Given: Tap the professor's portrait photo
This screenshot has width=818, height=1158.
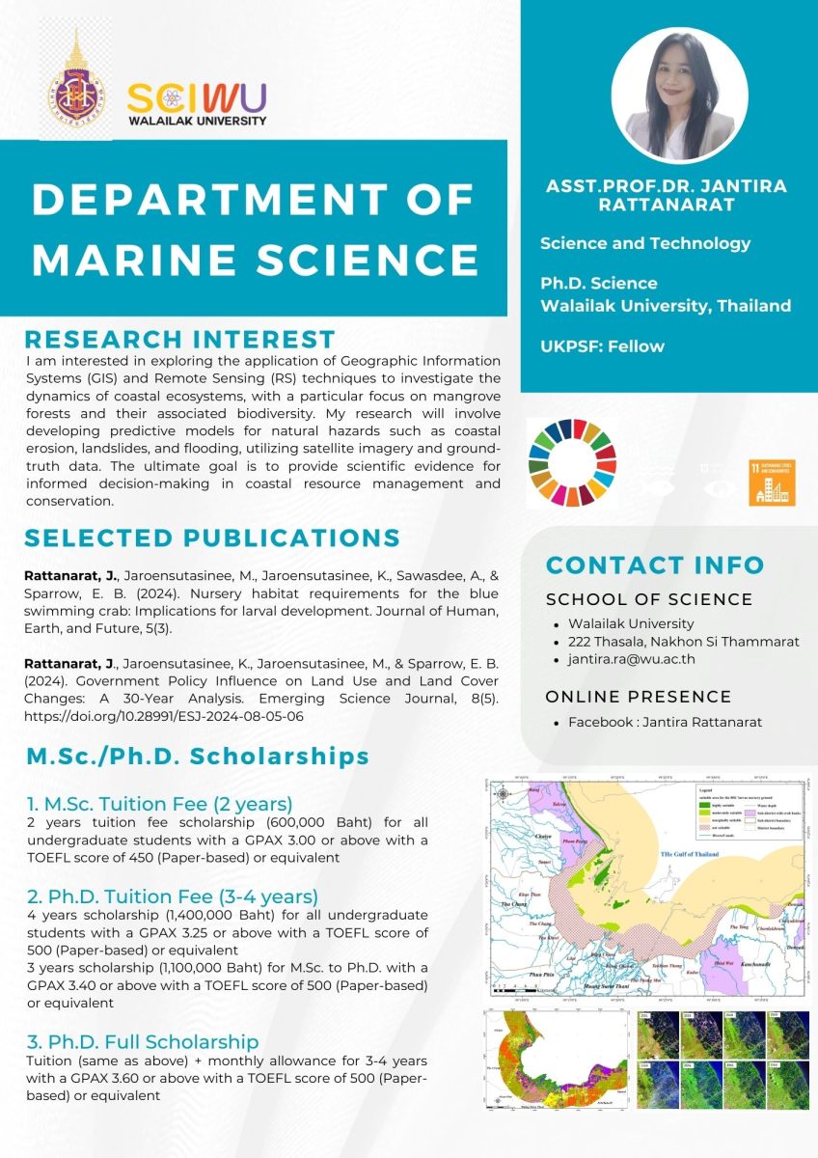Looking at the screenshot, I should tap(679, 94).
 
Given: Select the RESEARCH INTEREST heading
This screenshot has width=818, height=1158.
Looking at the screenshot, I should tap(179, 340).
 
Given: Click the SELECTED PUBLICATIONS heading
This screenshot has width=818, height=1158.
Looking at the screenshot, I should tap(212, 538).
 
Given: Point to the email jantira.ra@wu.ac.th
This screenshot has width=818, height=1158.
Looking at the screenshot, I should tap(632, 659).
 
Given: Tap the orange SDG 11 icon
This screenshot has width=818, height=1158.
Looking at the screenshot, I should tap(772, 482).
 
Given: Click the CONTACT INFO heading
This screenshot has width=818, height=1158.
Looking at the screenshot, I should tap(655, 565).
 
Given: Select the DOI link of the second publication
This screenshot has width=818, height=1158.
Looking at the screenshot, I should tap(177, 718).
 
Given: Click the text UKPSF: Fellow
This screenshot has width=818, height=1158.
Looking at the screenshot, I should tap(602, 345).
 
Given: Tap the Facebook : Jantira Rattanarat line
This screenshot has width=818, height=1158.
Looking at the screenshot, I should tap(665, 722).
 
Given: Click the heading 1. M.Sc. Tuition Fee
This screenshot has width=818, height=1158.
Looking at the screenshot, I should tap(159, 803).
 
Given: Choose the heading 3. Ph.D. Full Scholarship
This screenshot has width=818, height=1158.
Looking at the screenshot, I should tap(143, 1041).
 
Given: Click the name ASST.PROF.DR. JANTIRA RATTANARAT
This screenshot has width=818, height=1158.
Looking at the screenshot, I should tap(666, 195).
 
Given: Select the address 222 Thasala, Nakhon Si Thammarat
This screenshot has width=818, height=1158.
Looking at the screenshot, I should tap(683, 641).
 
